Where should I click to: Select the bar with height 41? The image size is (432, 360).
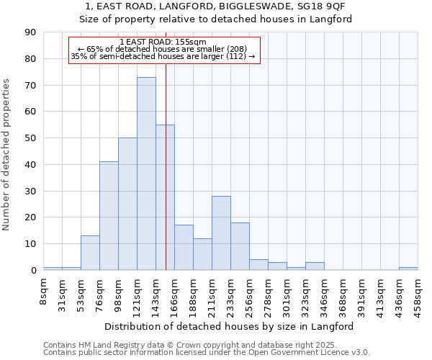pyautogui.click(x=109, y=216)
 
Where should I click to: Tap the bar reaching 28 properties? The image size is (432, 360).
pyautogui.click(x=221, y=233)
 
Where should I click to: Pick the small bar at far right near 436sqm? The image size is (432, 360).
pyautogui.click(x=408, y=269)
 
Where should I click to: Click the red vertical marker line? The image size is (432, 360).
pyautogui.click(x=166, y=180)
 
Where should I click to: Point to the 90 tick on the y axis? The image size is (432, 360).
pyautogui.click(x=30, y=32)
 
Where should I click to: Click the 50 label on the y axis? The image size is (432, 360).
pyautogui.click(x=30, y=138)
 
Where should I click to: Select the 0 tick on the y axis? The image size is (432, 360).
pyautogui.click(x=33, y=271)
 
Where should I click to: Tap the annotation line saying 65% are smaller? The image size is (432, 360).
pyautogui.click(x=163, y=50)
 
